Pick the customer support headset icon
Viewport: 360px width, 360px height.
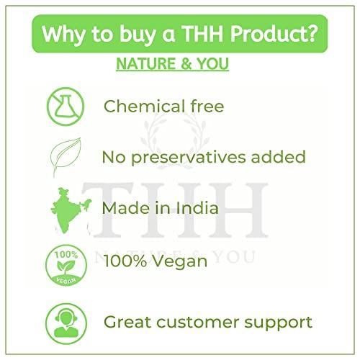tap(64, 321)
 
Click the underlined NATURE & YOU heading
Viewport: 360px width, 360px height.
tap(172, 64)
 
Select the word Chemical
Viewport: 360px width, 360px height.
tap(143, 107)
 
